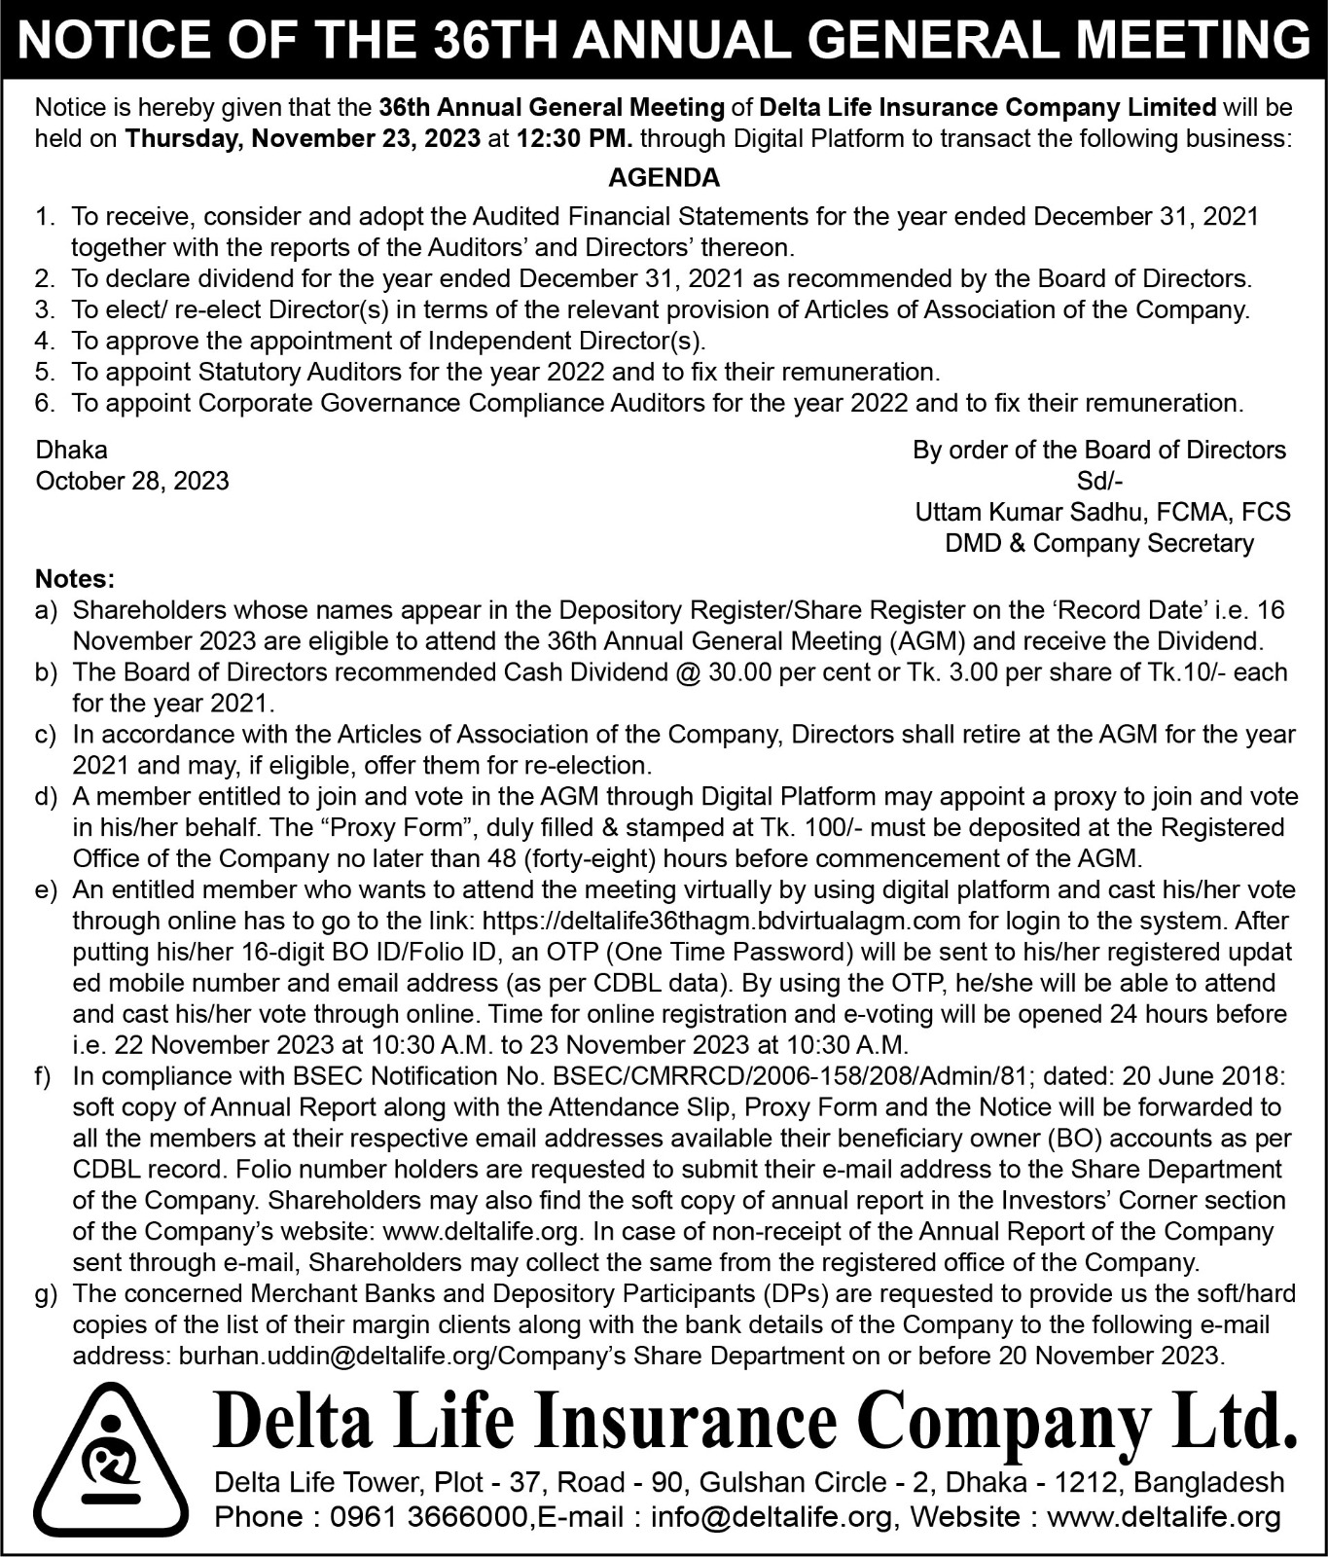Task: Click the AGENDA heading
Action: point(664,178)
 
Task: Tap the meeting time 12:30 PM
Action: point(574,138)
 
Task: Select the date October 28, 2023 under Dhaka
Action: point(132,481)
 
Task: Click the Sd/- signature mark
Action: point(1100,481)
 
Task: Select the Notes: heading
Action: point(75,579)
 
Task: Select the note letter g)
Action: point(46,1294)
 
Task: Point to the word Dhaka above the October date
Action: point(71,451)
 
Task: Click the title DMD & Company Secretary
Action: point(1099,543)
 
